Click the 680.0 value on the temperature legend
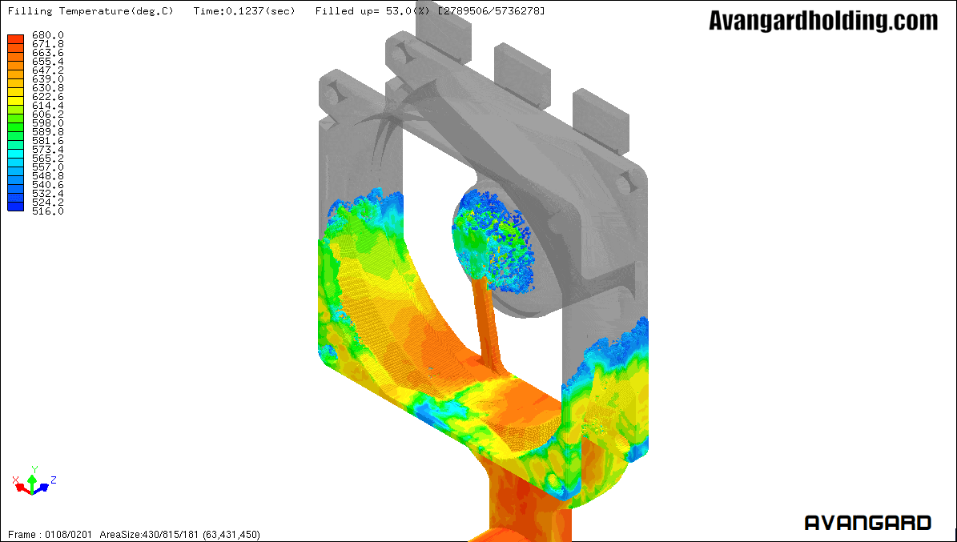coord(47,35)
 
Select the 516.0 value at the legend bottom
coord(47,211)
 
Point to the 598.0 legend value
coord(47,123)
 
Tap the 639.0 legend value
coord(47,79)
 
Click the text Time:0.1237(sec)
coord(244,11)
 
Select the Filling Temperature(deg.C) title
coord(90,11)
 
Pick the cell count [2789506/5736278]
coord(492,11)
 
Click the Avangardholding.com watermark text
coord(823,21)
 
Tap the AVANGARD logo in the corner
coord(868,523)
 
